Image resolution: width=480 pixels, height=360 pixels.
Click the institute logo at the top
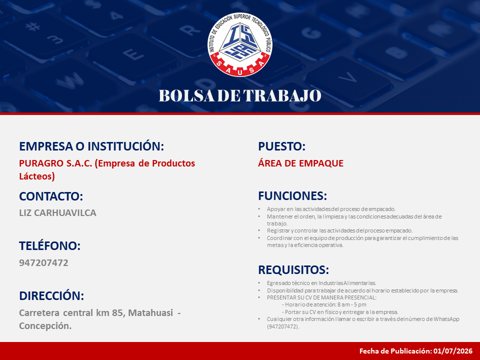click(x=239, y=44)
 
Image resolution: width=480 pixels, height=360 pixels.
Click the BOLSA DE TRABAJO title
click(x=240, y=95)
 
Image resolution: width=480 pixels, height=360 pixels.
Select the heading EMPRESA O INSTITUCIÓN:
click(x=91, y=146)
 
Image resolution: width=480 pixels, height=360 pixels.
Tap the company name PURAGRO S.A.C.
click(x=55, y=163)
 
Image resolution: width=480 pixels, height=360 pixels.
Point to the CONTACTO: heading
click(x=51, y=196)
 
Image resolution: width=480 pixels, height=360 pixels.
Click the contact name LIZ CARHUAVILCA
click(x=57, y=213)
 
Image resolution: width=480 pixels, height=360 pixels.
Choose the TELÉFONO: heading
click(x=49, y=245)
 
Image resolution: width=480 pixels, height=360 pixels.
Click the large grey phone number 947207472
click(x=44, y=262)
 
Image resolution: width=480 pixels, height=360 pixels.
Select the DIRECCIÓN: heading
click(x=51, y=295)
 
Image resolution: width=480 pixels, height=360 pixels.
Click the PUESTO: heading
click(x=282, y=146)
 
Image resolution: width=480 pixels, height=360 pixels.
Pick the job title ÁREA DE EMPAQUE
click(x=300, y=163)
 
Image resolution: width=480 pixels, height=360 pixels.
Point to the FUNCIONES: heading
click(x=292, y=196)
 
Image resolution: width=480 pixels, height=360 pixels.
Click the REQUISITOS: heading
click(x=293, y=270)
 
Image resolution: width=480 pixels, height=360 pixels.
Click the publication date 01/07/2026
click(x=453, y=351)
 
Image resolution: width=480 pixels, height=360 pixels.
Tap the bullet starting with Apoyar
click(x=331, y=209)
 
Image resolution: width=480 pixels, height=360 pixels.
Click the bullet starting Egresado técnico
click(x=321, y=283)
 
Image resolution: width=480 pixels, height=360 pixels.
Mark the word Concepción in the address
click(x=45, y=326)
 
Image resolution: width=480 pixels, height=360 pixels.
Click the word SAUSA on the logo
click(x=239, y=67)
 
